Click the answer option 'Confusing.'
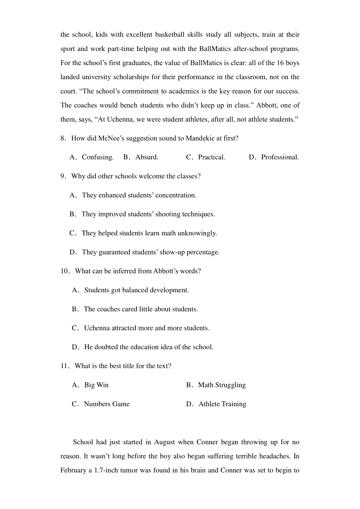pos(97,157)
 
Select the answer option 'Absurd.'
pos(147,157)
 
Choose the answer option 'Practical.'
pos(211,157)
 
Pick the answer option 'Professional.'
pos(280,157)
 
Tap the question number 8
pos(63,138)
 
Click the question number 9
pos(63,176)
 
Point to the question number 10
pos(64,271)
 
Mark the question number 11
pos(64,366)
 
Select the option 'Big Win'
pos(96,385)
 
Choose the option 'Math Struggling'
pos(222,385)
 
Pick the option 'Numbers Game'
pos(106,404)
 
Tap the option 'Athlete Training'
pos(222,404)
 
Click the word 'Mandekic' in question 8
pos(200,138)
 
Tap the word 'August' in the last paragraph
pos(164,442)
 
